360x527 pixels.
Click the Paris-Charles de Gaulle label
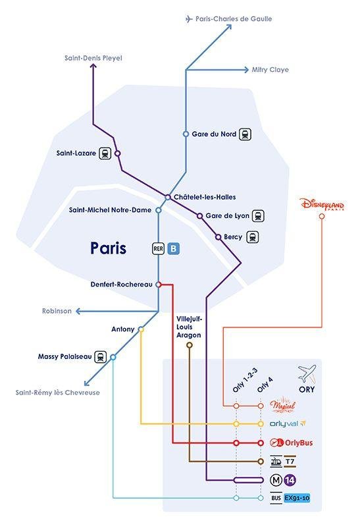tap(234, 19)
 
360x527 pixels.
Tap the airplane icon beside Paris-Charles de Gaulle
tap(190, 19)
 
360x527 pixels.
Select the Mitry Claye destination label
tap(270, 69)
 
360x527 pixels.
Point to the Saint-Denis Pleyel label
tap(93, 58)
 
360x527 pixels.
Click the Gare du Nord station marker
tap(186, 134)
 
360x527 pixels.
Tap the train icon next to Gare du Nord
tap(245, 134)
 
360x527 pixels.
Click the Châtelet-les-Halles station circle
tap(168, 197)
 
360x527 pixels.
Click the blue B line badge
tap(173, 248)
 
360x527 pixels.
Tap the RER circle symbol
tap(158, 248)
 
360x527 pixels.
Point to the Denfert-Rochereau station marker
tap(158, 285)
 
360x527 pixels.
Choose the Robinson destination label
tap(57, 311)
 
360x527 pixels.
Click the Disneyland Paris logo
tap(322, 206)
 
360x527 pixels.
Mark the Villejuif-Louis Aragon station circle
tap(190, 345)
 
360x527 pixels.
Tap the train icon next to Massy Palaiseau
tap(101, 357)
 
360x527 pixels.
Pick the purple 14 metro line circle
tap(290, 480)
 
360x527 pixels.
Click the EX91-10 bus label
tap(297, 497)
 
